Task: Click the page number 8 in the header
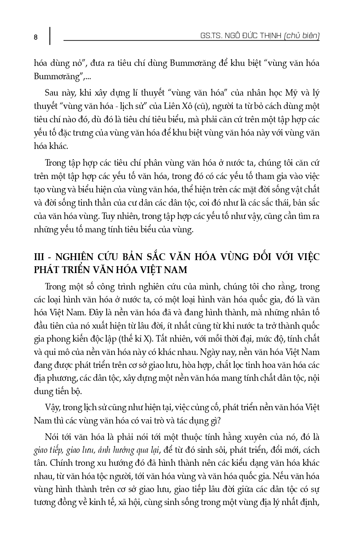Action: (x=35, y=37)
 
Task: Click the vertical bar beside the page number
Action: (x=50, y=36)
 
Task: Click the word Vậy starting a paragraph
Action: (x=52, y=407)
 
